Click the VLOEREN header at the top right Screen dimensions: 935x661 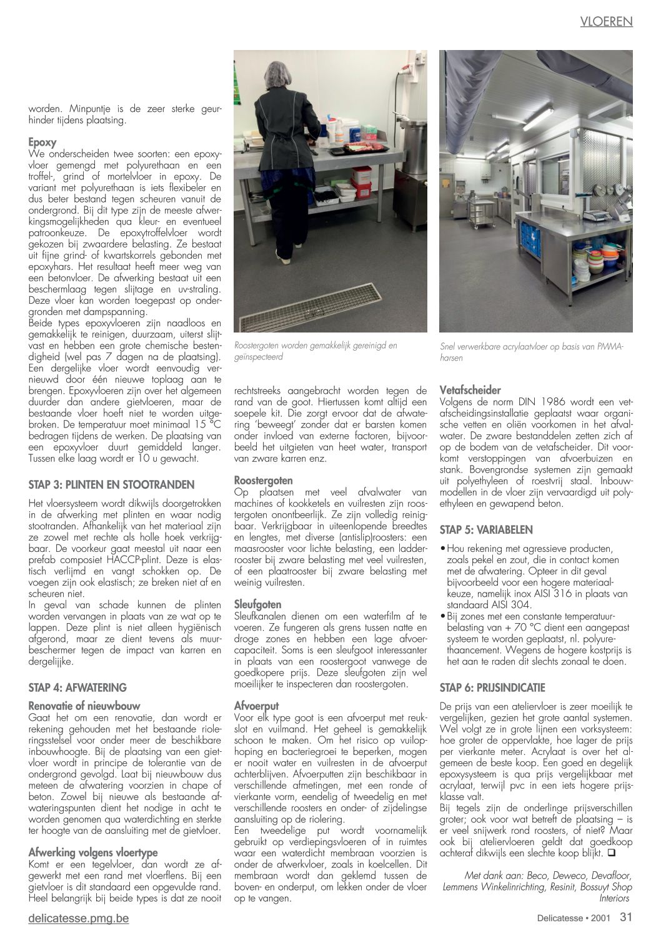[x=606, y=22]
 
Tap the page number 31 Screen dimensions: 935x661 [x=626, y=917]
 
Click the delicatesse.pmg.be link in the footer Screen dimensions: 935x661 [x=79, y=918]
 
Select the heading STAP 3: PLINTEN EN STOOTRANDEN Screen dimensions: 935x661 [x=111, y=484]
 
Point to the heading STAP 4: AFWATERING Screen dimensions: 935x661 [x=77, y=687]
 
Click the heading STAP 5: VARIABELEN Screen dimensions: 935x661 [x=486, y=530]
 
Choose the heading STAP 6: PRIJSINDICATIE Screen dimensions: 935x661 [x=492, y=687]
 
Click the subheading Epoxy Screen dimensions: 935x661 [x=42, y=142]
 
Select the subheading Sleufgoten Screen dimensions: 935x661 [x=257, y=604]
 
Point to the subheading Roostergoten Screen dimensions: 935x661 [x=263, y=481]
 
